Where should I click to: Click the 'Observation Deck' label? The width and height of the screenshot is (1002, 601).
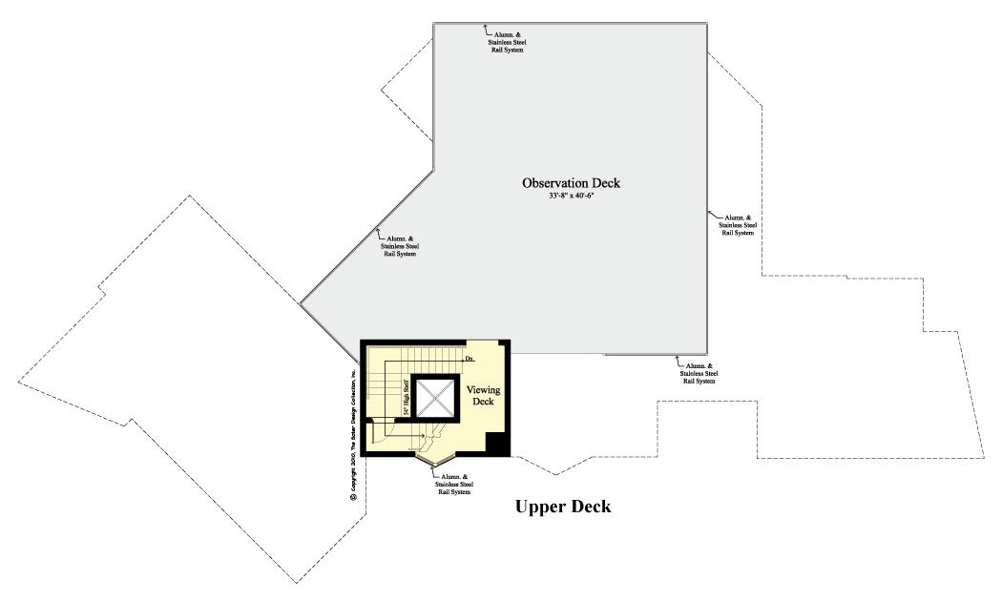(x=570, y=182)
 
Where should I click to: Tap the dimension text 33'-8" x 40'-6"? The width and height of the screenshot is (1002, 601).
(x=570, y=196)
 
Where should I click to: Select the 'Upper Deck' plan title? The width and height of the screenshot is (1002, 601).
(x=563, y=507)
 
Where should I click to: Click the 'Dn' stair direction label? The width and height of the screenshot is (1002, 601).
(x=470, y=359)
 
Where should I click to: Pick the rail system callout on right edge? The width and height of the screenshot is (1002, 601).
(x=738, y=224)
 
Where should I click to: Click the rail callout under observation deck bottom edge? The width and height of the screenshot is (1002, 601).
(x=699, y=373)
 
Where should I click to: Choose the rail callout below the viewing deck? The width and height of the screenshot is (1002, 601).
(x=454, y=484)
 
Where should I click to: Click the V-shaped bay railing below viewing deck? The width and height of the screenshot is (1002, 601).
(x=435, y=464)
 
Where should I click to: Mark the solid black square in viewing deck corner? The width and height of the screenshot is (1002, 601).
(x=497, y=445)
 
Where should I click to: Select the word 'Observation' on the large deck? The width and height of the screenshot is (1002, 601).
(x=553, y=182)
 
